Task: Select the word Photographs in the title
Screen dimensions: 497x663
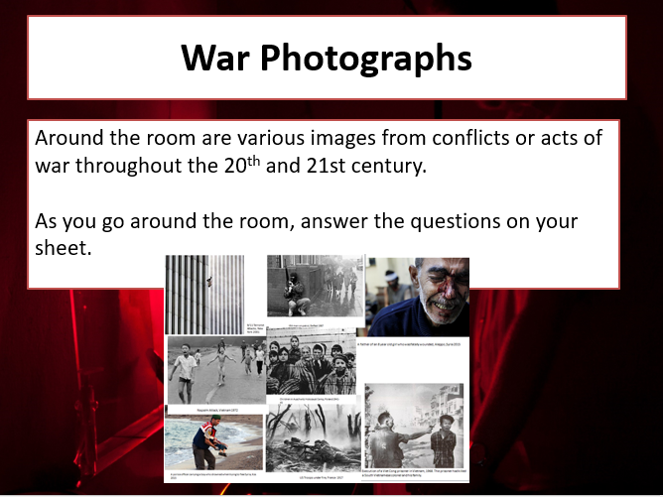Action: pos(366,60)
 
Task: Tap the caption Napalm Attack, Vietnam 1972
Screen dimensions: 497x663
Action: pos(213,408)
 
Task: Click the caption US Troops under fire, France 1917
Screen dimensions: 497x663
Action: pos(315,475)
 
